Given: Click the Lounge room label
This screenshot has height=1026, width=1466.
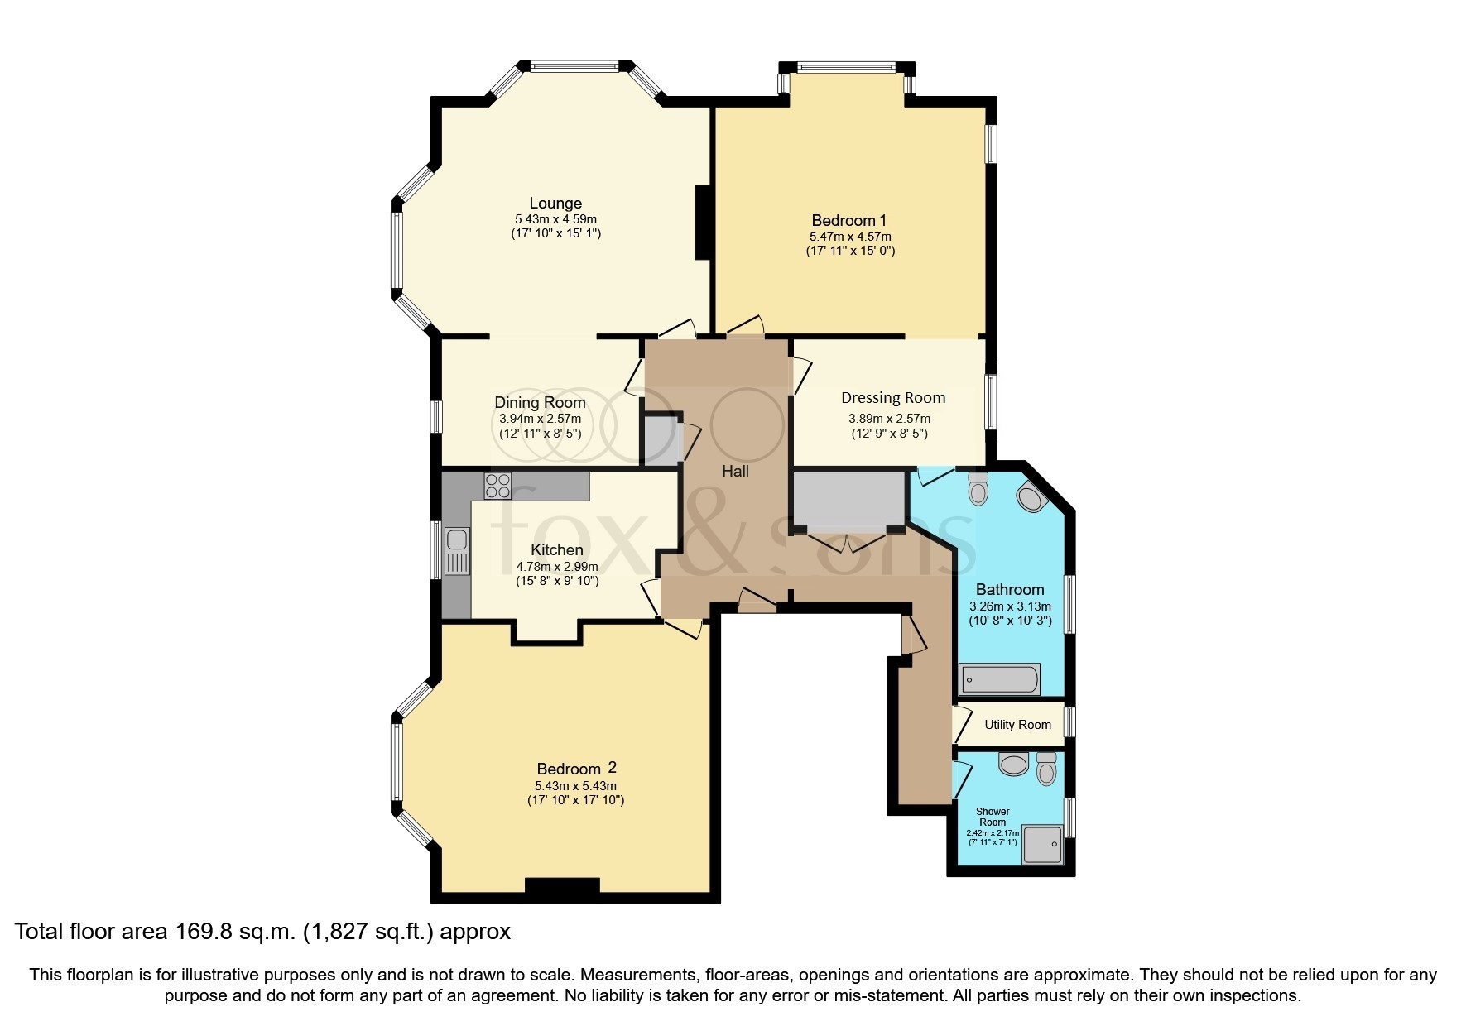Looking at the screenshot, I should (x=555, y=204).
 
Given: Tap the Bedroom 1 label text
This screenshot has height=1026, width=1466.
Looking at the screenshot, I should (x=848, y=221).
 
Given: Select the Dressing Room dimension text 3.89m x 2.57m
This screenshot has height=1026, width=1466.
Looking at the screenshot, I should (x=889, y=419).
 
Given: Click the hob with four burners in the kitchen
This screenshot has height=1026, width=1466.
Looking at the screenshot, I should (x=498, y=485).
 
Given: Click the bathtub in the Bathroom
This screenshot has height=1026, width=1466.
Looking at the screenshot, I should (x=999, y=680).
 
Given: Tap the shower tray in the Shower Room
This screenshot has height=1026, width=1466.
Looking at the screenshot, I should (x=1042, y=844).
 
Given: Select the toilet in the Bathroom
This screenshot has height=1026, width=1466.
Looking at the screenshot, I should (x=978, y=489).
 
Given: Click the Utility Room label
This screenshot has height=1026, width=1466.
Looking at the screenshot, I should (x=1017, y=725).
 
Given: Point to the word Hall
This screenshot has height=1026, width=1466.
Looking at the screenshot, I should (x=735, y=472).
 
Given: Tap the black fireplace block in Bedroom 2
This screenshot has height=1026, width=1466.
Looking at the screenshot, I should (x=562, y=885).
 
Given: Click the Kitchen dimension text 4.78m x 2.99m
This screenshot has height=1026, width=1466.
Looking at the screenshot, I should (x=557, y=567).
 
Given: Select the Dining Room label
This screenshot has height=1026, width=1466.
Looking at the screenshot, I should (x=540, y=403).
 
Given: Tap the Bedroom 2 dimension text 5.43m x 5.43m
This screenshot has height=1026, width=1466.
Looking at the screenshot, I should (x=575, y=786).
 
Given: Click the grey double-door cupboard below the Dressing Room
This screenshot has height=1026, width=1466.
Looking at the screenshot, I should (x=849, y=499).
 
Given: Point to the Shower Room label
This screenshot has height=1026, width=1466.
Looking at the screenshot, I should (x=993, y=817).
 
